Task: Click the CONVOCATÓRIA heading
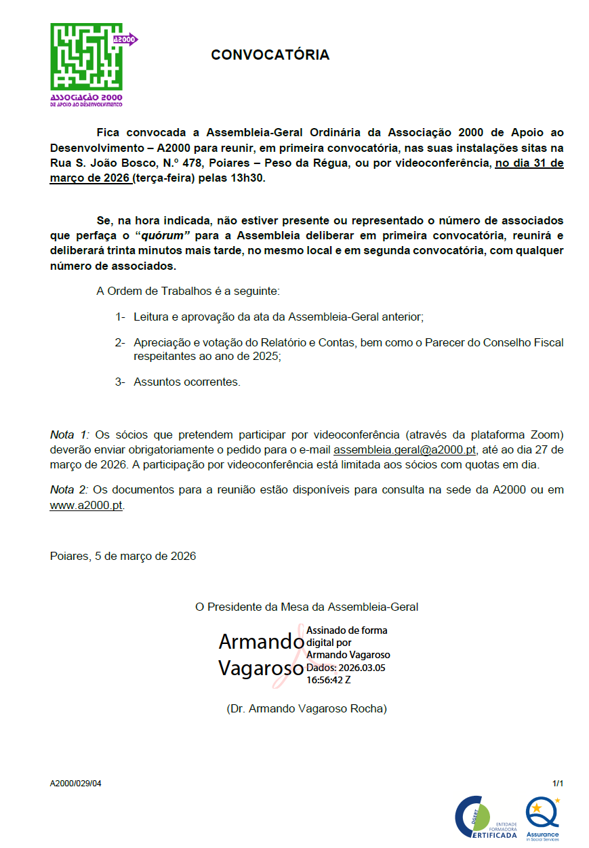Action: point(270,55)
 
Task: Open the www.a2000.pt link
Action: point(86,505)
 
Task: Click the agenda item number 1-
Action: point(120,317)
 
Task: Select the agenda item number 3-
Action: point(120,382)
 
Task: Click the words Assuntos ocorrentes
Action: point(187,382)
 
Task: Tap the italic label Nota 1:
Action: point(69,434)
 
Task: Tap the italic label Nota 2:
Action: point(69,489)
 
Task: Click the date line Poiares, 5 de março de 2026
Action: point(123,556)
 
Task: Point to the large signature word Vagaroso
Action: point(260,668)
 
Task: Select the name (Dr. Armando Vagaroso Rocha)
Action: point(306,708)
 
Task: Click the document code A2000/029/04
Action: point(75,784)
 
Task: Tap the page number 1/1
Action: point(558,784)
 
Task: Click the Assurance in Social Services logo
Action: point(543,817)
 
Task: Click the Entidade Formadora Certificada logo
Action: point(485,817)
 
